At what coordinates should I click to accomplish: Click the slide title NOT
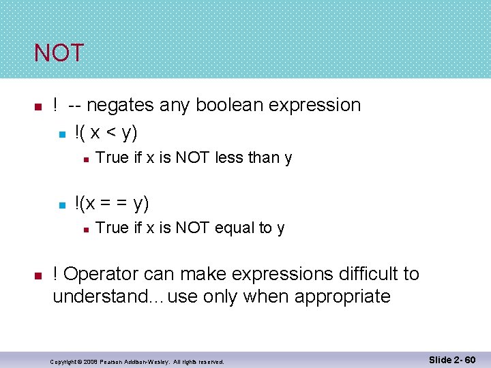click(x=59, y=53)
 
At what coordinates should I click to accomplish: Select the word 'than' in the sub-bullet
click(x=264, y=157)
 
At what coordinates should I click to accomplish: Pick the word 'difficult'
click(x=366, y=274)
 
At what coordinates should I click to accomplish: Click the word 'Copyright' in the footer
click(x=64, y=361)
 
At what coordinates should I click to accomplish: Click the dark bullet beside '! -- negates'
click(x=39, y=106)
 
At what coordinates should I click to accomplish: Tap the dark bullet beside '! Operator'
click(x=39, y=275)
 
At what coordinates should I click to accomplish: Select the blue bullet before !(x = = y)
click(x=61, y=204)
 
